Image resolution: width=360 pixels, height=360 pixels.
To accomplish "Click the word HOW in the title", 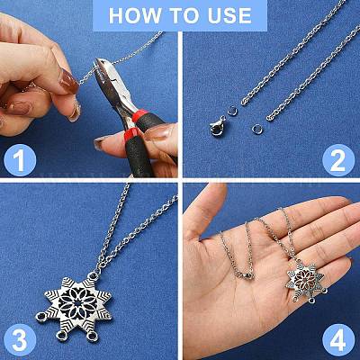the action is tap(134, 15).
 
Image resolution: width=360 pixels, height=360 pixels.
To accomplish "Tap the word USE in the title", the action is tap(229, 15).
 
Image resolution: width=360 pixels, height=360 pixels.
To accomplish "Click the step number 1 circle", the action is tap(20, 160).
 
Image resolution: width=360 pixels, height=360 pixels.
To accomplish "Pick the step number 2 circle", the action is tap(338, 160).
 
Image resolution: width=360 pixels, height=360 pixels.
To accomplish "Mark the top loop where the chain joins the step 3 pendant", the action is tap(94, 275).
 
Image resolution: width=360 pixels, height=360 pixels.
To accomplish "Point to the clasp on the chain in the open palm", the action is tap(244, 275).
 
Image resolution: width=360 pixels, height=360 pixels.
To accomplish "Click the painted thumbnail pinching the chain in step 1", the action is tap(69, 80).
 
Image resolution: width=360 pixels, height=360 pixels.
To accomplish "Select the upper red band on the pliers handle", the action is tap(140, 116).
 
